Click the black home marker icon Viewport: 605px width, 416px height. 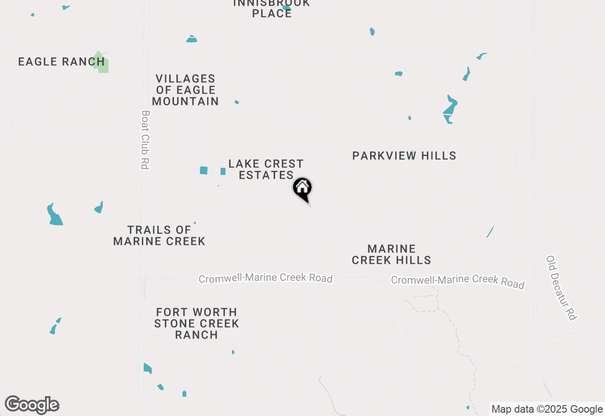pos(302,189)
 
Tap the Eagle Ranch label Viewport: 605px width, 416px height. pos(61,61)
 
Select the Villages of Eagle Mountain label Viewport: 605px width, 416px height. pos(185,90)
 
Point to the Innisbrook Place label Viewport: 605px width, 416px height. pos(272,8)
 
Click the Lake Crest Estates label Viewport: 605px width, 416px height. pos(266,169)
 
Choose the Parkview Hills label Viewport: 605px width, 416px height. pos(404,156)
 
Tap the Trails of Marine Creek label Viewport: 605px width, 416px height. pos(159,235)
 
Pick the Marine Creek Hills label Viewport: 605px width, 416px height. pos(391,254)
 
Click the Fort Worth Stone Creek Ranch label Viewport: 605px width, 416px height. pos(197,323)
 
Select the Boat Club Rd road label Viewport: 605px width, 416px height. pos(145,140)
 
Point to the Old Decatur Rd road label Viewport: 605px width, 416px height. pos(562,288)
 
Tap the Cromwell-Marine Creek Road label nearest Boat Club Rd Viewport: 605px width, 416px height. pos(266,278)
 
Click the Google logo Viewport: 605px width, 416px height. pos(32,405)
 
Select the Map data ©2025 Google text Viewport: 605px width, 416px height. pos(547,409)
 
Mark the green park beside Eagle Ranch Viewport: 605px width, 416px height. pos(101,62)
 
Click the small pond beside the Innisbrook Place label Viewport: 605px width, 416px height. pos(286,8)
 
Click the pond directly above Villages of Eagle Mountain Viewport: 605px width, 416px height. pos(191,39)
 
